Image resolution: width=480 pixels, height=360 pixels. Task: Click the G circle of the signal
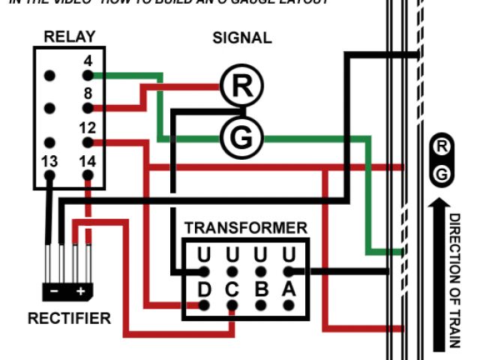241,138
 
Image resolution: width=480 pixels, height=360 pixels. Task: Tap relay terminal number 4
88,75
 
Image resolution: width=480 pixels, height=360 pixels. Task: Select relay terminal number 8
88,108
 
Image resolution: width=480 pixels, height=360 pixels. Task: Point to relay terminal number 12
88,142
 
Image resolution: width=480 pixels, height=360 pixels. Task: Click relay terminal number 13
50,175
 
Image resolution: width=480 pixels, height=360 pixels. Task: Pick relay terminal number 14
88,175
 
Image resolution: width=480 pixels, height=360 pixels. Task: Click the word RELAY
69,36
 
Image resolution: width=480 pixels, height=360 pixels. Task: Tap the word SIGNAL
242,37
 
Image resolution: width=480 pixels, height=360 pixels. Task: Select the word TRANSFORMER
246,227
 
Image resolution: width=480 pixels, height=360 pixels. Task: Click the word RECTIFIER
69,319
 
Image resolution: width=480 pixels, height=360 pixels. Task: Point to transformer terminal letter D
204,289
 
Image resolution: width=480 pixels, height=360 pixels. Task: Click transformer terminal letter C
232,289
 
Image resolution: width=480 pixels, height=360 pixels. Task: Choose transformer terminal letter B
261,289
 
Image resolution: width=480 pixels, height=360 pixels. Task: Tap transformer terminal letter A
289,289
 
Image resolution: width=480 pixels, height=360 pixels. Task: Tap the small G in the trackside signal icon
442,174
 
